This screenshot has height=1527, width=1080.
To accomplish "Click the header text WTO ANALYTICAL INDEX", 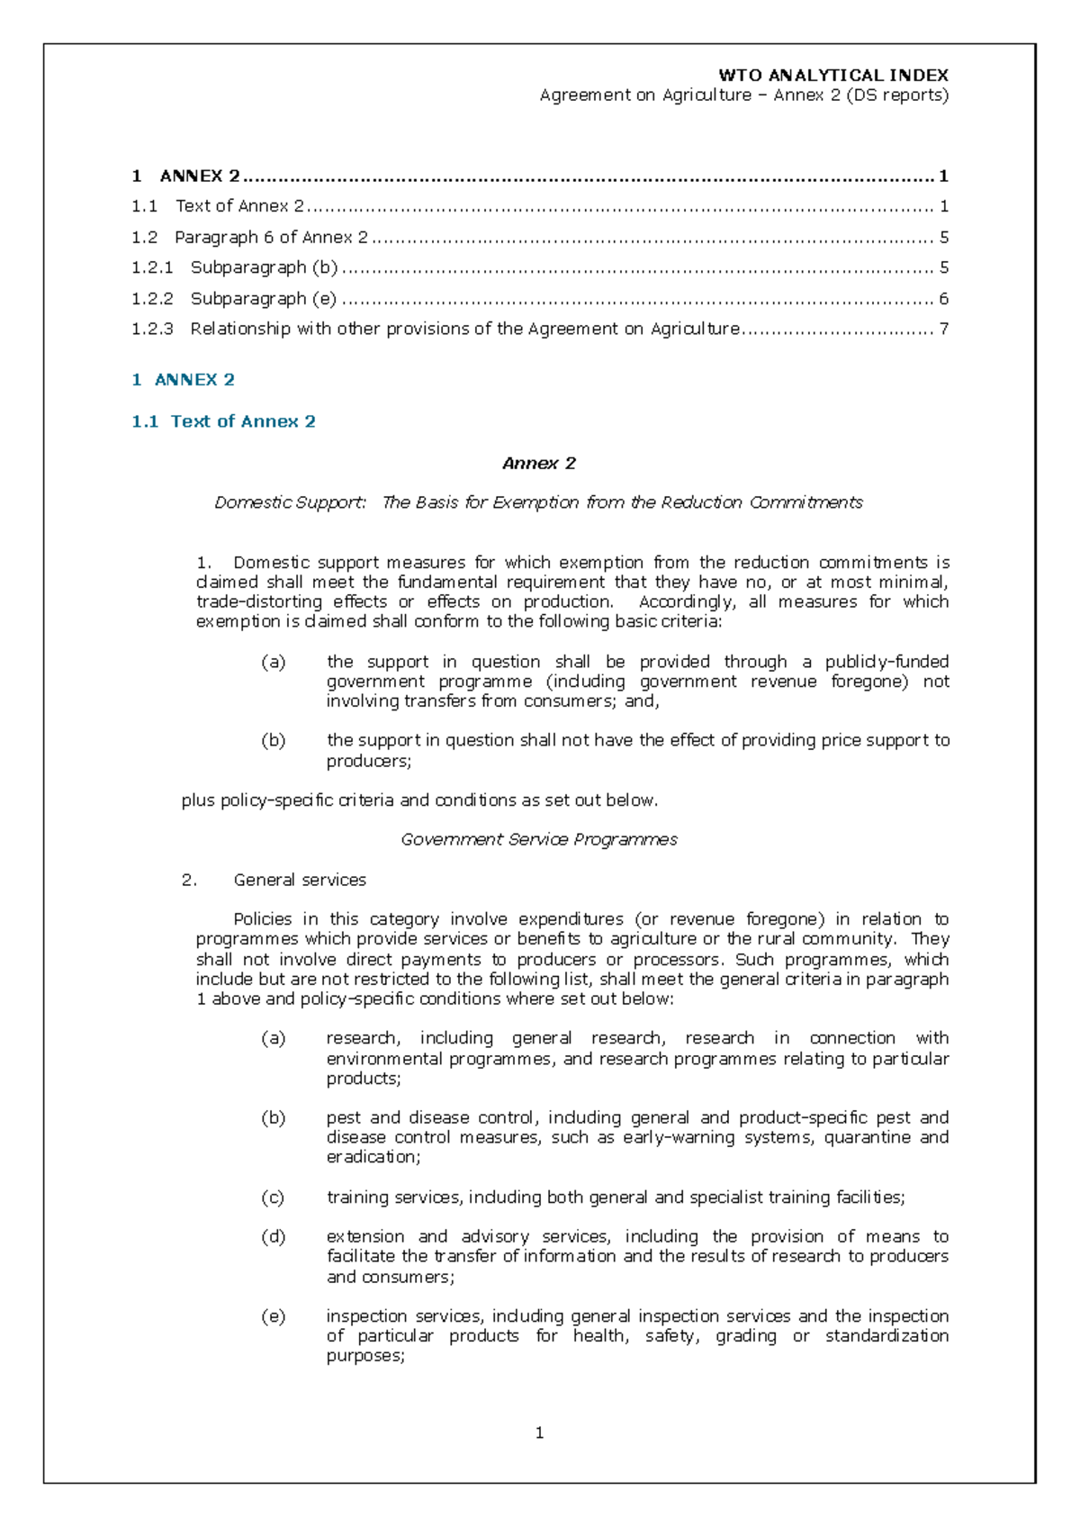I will [x=832, y=76].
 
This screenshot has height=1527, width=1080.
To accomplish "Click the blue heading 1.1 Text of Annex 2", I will [x=223, y=421].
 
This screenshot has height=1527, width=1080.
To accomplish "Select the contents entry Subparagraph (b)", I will [x=264, y=267].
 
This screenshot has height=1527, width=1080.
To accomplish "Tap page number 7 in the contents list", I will [x=943, y=329].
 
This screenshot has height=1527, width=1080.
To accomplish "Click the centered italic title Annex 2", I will [x=538, y=464].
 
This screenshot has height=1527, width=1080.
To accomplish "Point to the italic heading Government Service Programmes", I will [x=538, y=839].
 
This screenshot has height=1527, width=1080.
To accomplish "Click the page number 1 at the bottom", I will [x=539, y=1432].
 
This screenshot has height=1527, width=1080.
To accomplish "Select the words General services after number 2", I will [x=300, y=880].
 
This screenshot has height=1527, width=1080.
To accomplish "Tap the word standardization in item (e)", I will [x=886, y=1335].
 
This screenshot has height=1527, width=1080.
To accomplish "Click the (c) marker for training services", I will [x=273, y=1197].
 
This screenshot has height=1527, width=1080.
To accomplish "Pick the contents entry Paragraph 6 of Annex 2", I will [x=271, y=237].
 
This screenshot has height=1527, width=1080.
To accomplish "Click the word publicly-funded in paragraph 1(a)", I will [x=886, y=662].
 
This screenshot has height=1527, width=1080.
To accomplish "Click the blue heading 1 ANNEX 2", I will [x=183, y=380].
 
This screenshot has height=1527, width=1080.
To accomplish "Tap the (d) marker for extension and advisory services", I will [x=273, y=1237].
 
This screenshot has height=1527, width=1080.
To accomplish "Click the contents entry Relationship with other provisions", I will [x=463, y=329].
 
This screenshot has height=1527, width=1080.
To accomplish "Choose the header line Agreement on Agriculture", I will [x=644, y=95].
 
